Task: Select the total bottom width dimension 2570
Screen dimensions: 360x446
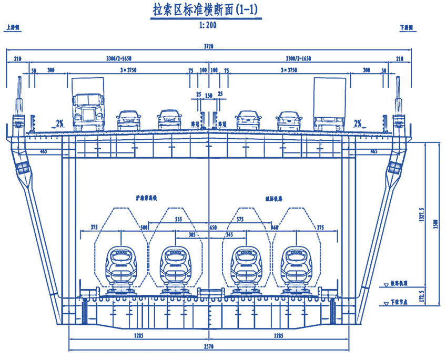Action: click(x=209, y=347)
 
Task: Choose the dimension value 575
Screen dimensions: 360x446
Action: click(x=240, y=219)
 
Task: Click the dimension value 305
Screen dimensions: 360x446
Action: click(x=192, y=235)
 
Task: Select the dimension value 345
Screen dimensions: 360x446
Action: click(x=229, y=235)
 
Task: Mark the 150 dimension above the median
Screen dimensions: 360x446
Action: click(x=209, y=96)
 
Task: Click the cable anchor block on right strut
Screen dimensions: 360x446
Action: click(x=393, y=168)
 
